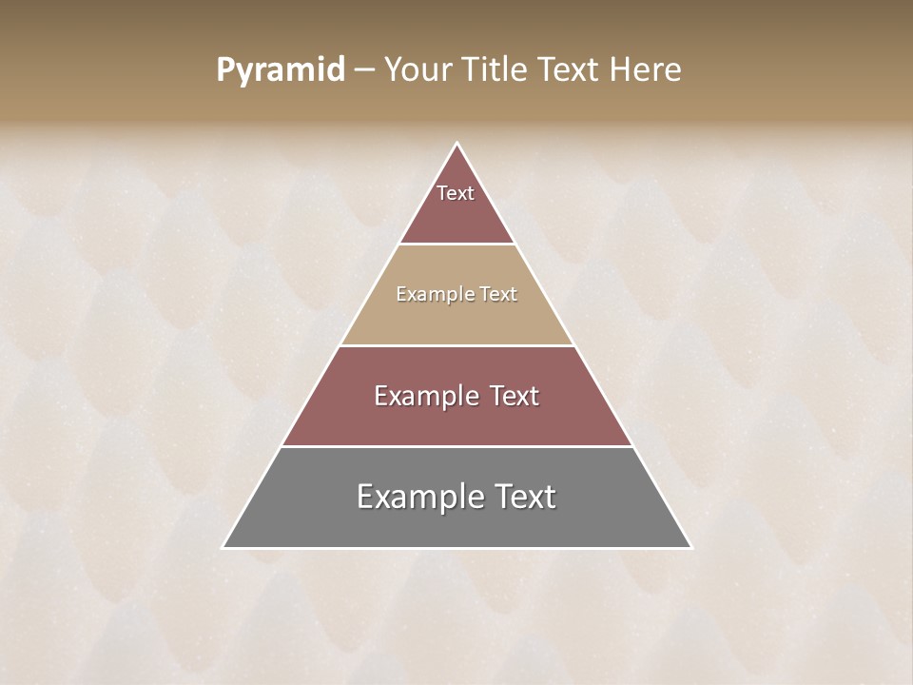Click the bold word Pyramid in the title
(x=281, y=70)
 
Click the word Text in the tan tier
(x=498, y=294)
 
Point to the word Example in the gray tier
(x=418, y=497)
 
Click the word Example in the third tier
(x=424, y=396)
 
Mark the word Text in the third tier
(x=514, y=396)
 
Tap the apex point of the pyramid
(x=456, y=144)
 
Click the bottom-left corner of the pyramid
(x=223, y=547)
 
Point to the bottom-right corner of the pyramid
(x=690, y=547)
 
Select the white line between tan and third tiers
(x=456, y=345)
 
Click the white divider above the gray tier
(x=456, y=446)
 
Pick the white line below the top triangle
(x=456, y=244)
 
